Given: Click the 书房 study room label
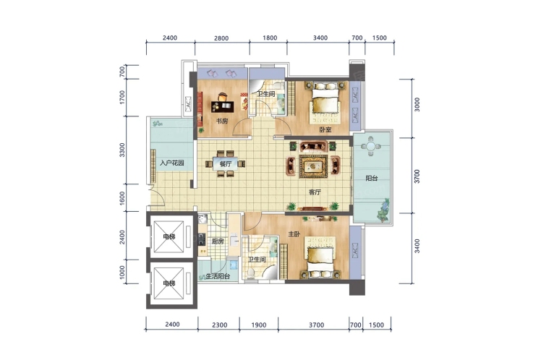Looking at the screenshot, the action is pos(222,121).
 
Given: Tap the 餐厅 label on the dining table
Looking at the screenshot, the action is pos(226,164).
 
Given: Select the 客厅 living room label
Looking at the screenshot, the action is pos(315,192).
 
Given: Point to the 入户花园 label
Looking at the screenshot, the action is pos(171,163).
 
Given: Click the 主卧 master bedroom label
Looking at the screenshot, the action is pos(294,234).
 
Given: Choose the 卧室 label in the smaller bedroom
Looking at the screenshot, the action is pos(325,129).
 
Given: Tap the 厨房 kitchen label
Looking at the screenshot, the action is pos(218,241).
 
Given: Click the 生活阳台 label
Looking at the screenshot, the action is pos(218,276).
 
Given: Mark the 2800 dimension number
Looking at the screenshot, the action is pos(221,38).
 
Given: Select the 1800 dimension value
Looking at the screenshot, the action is pos(270,38).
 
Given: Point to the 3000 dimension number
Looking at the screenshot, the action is pos(417,105).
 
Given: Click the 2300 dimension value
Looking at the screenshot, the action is pos(220,325).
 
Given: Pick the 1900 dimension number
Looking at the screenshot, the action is pos(259,325).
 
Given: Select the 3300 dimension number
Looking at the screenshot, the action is pos(122,150).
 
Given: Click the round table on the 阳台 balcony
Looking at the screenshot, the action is pos(370,146).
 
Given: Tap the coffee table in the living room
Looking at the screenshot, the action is pos(313,166).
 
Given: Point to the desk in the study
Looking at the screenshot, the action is pos(223,106).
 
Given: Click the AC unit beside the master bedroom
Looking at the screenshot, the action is pos(355,251).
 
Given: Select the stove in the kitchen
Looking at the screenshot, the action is pos(202,239).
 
